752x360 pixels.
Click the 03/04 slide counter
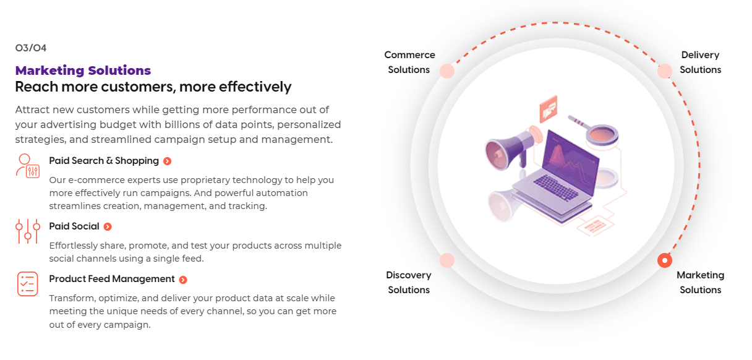30,48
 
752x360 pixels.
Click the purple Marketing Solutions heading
83,71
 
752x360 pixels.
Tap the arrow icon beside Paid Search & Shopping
167,161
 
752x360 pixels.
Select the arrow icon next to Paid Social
108,226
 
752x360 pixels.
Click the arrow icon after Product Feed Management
183,280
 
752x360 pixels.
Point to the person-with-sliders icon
28,166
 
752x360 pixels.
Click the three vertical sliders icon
28,231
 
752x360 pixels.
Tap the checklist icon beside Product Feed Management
28,284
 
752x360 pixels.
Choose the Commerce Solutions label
409,62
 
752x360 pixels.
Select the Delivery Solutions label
700,62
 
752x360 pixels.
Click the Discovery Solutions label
409,283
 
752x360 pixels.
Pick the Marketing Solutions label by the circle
700,283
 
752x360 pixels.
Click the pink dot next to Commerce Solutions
447,71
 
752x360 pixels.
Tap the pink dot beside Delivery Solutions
665,71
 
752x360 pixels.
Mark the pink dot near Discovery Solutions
447,260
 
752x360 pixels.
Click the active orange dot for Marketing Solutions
665,260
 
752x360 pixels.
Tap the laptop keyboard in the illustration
556,187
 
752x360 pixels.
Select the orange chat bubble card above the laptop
549,109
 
